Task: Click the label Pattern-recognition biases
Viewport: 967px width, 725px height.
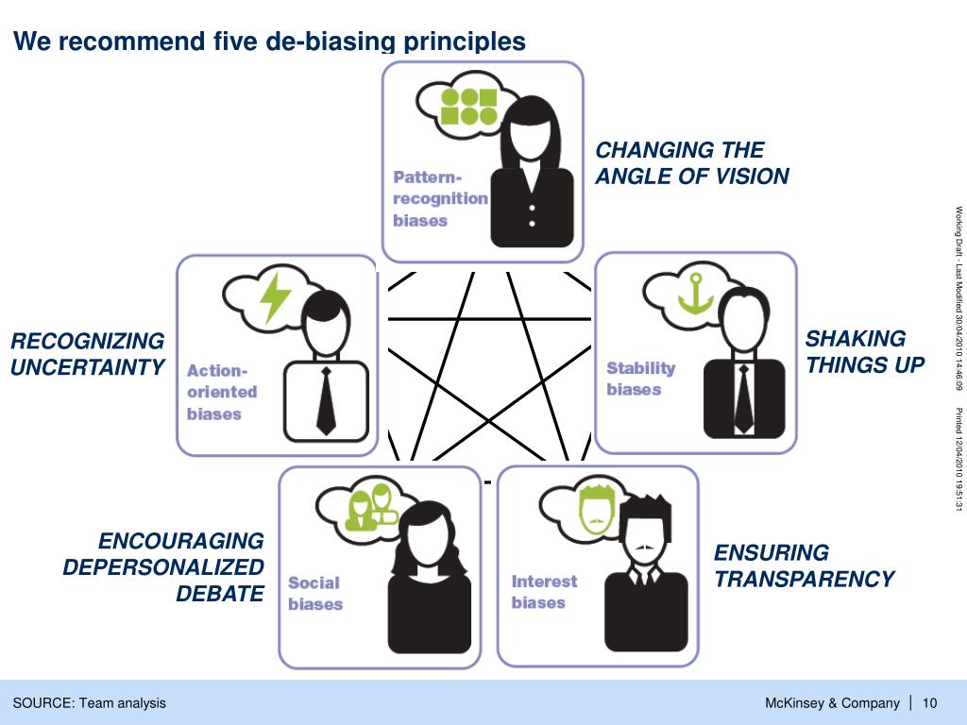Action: (440, 199)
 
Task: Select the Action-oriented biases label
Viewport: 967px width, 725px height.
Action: (222, 392)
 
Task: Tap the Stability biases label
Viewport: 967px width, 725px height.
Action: (640, 379)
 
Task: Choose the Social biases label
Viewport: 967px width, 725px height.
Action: (314, 593)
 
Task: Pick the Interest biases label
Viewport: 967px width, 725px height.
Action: (544, 592)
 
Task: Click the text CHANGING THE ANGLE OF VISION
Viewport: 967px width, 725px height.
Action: (692, 163)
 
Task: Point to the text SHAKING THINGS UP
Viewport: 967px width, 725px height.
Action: (864, 352)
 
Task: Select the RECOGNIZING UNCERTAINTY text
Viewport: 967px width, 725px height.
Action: (88, 354)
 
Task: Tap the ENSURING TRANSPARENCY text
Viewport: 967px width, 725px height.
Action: (803, 565)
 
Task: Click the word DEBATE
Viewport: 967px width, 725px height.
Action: (220, 594)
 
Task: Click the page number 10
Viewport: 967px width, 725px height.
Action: (929, 702)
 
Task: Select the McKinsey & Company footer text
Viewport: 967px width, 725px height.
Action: (832, 702)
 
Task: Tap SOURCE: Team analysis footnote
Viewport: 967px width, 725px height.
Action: (89, 702)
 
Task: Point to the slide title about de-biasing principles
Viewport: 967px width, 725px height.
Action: (269, 42)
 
